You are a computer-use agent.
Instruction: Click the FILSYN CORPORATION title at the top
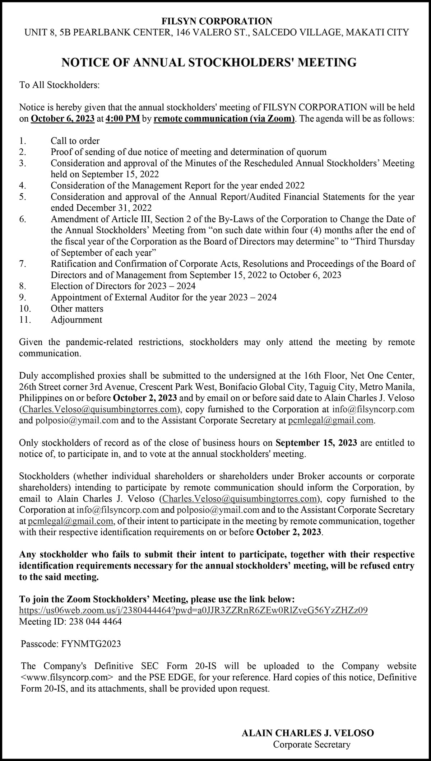point(217,21)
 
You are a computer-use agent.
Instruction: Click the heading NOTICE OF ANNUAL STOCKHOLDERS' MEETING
point(209,62)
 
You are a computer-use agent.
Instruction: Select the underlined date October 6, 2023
point(63,119)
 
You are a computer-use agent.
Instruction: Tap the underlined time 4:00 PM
point(122,119)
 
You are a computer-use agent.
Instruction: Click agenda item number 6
point(23,219)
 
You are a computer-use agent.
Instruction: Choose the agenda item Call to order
point(75,141)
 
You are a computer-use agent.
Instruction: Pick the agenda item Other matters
point(77,308)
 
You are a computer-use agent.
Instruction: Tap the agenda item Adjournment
point(77,319)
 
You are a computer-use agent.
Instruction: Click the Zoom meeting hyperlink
point(193,610)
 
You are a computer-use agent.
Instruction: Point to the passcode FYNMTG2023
point(91,644)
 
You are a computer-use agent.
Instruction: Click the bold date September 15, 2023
point(316,443)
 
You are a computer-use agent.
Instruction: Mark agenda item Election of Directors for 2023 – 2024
point(123,286)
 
